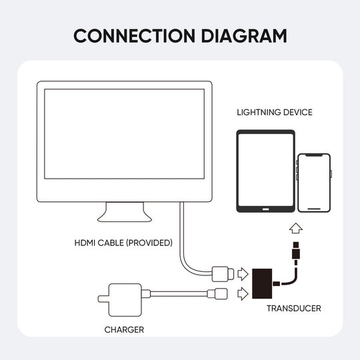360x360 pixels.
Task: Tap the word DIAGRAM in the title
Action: (240, 35)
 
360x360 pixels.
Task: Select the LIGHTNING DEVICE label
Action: (274, 112)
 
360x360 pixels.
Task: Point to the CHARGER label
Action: (124, 329)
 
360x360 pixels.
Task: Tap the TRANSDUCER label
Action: (293, 308)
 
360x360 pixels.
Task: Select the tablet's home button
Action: (264, 209)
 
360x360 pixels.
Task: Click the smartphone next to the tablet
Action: (314, 183)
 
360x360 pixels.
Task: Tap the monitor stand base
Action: (123, 215)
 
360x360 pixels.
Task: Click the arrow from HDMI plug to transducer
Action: (243, 273)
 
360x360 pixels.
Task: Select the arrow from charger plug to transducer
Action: (243, 292)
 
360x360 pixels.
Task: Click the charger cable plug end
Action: (217, 293)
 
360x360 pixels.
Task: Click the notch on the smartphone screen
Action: (314, 157)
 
